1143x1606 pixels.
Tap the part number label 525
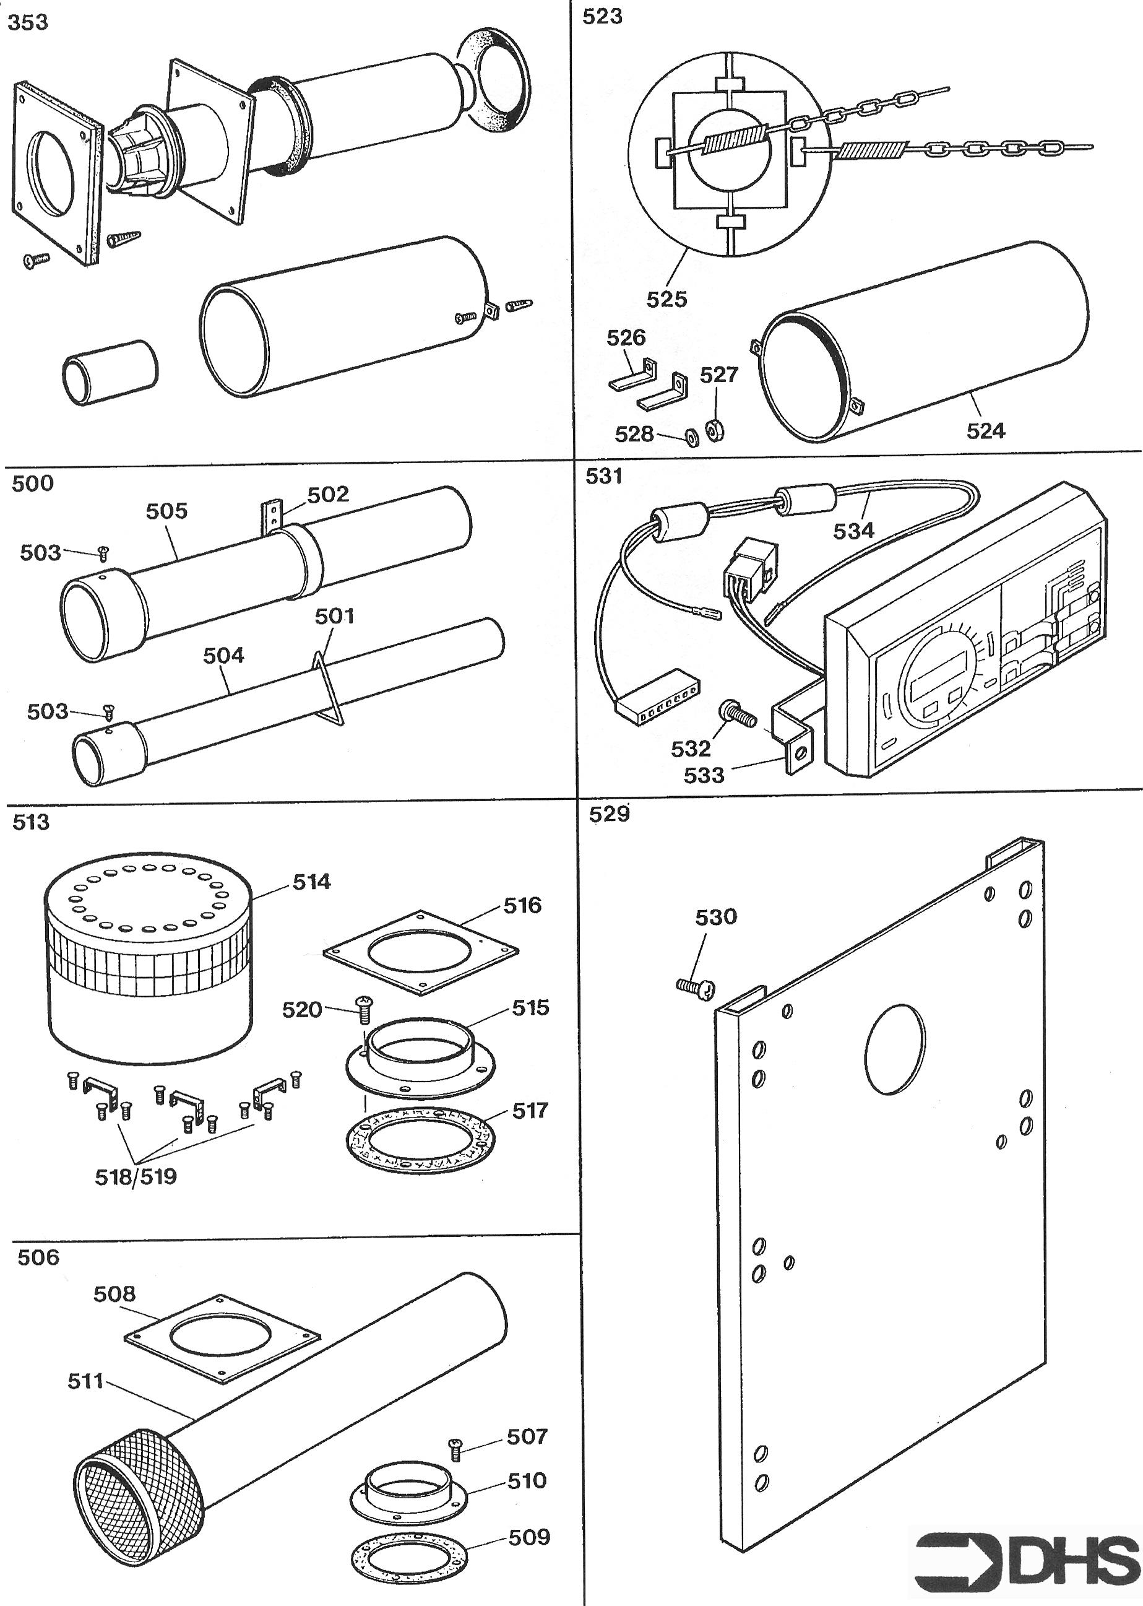pyautogui.click(x=666, y=299)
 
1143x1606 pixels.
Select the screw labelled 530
pyautogui.click(x=696, y=988)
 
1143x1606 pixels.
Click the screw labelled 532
pyautogui.click(x=737, y=714)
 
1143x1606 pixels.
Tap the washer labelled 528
pyautogui.click(x=692, y=437)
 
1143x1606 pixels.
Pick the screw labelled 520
pyautogui.click(x=364, y=1010)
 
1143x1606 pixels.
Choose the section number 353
pyautogui.click(x=28, y=22)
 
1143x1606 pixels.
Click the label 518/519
pyautogui.click(x=136, y=1176)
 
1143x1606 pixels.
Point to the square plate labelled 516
pyautogui.click(x=420, y=953)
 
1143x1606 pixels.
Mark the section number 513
pyautogui.click(x=31, y=822)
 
